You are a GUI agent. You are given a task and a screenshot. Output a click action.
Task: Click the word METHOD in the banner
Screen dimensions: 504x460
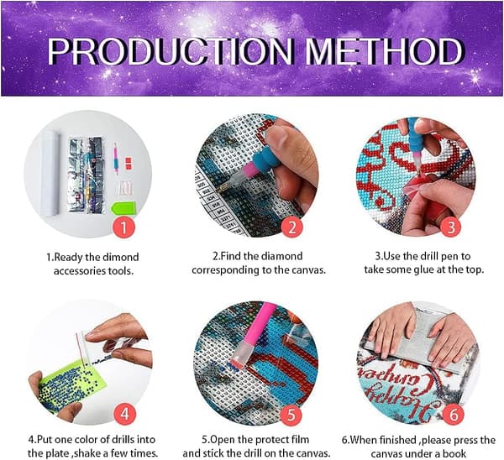click(384, 51)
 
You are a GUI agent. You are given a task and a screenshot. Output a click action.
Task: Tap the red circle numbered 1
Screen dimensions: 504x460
click(123, 227)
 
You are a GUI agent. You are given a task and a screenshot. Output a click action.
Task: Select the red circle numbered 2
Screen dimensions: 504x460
click(291, 227)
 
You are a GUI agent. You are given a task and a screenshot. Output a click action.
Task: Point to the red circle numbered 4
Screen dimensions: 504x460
click(124, 414)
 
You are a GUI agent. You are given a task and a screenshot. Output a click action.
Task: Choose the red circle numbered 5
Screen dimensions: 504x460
click(291, 415)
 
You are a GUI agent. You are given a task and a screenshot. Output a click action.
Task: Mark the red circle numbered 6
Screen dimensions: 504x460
click(454, 415)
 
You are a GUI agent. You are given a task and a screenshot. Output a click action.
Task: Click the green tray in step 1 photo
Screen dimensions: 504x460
click(123, 208)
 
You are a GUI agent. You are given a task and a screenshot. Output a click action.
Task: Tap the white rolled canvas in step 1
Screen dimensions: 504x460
click(50, 174)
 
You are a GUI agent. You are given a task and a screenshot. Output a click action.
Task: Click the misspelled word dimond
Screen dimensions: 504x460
click(120, 258)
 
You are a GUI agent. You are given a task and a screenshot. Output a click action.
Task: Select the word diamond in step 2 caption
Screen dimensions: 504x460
click(281, 256)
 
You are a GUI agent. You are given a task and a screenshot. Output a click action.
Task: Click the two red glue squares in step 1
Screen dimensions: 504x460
click(129, 163)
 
